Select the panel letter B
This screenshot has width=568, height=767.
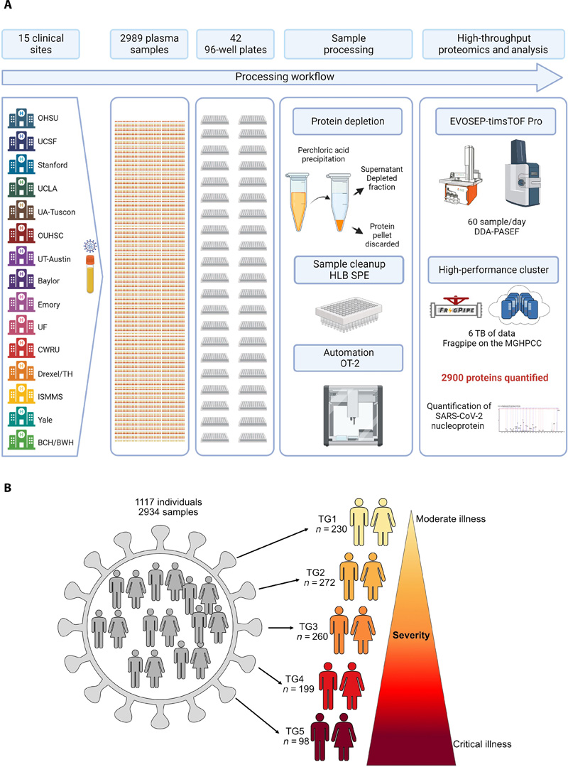[7, 489]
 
